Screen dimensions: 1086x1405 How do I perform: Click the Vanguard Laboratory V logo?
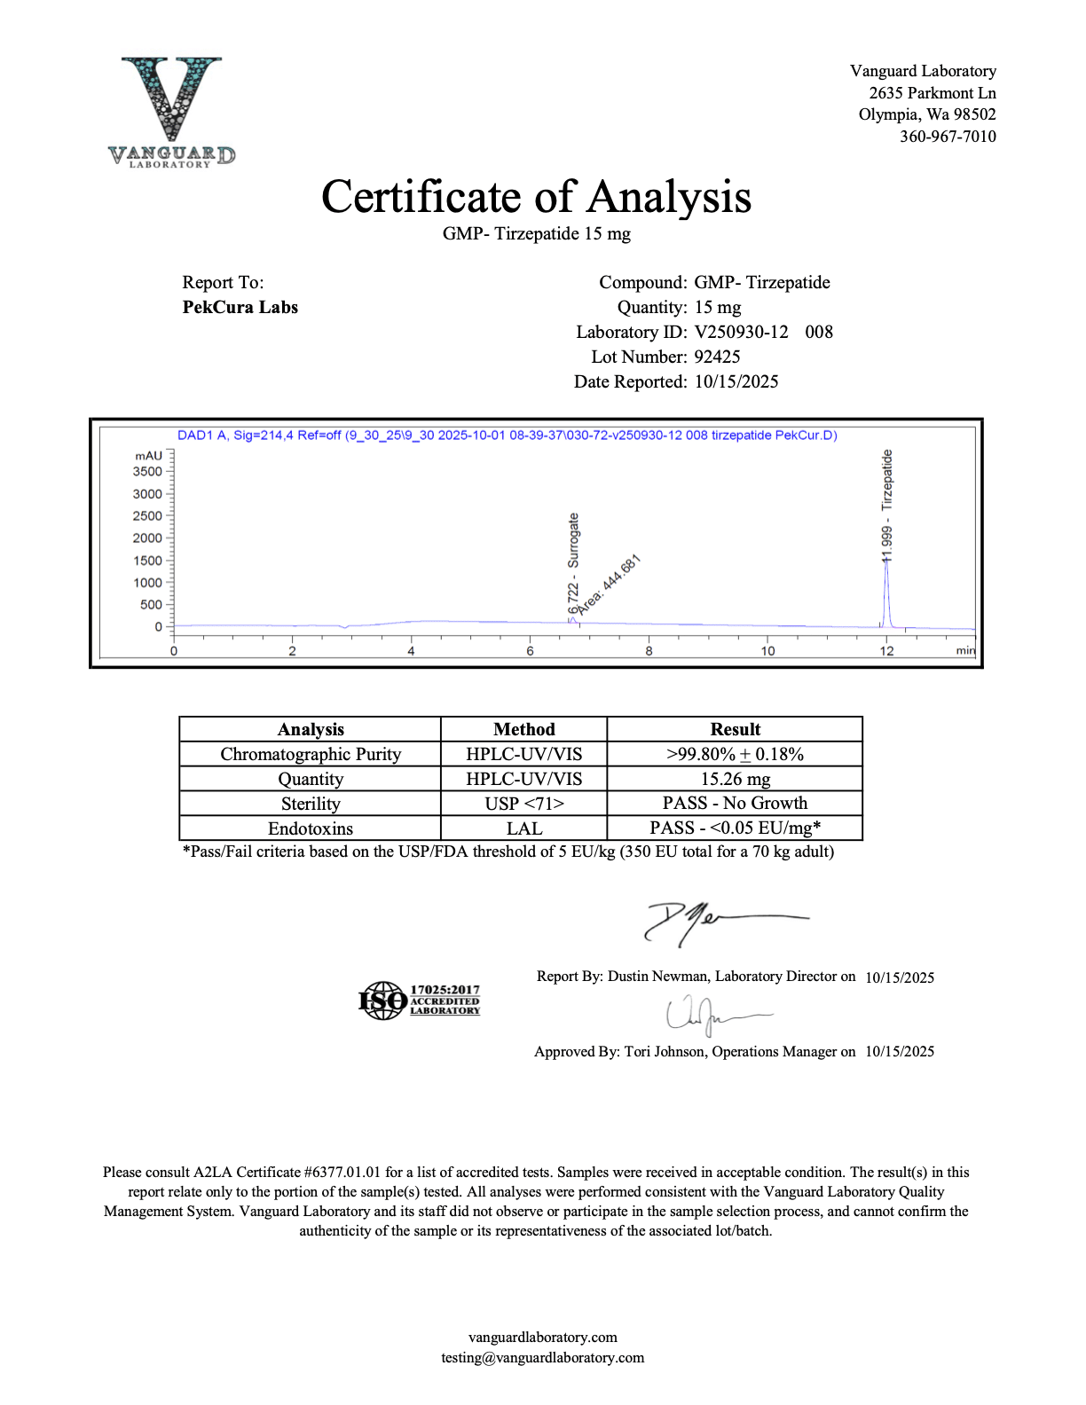coord(172,111)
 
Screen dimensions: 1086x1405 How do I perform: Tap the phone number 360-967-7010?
coord(948,137)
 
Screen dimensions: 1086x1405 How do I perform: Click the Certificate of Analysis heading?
coord(536,197)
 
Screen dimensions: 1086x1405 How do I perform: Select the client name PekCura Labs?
coord(240,308)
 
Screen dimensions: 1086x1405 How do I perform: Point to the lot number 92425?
coord(717,357)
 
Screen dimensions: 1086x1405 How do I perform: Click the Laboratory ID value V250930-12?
coord(741,333)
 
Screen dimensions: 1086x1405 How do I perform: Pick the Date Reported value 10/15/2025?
coord(736,382)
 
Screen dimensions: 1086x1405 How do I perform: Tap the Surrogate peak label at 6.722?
coord(573,563)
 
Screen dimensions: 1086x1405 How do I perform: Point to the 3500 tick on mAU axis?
coord(148,472)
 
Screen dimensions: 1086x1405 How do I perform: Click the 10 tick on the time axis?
coord(767,651)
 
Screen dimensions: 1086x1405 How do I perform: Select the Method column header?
coord(523,730)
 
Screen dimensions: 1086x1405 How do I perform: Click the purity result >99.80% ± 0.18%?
coord(735,755)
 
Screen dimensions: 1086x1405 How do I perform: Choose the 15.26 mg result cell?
coord(735,780)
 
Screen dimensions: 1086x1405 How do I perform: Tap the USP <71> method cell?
coord(523,805)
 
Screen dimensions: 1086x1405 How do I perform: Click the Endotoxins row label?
coord(311,829)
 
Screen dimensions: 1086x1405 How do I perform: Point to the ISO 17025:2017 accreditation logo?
coord(419,1001)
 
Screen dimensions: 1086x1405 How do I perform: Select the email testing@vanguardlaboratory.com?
coord(542,1358)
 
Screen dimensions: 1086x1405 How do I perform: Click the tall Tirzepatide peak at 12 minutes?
coord(886,594)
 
